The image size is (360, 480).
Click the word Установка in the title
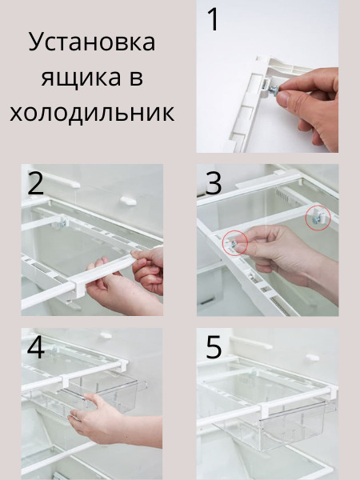[x=92, y=42]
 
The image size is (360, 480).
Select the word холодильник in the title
[x=92, y=113]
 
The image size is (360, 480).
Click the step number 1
[x=214, y=19]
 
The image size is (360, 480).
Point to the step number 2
[x=35, y=183]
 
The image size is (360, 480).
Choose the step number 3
[x=214, y=183]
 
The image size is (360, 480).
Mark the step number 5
[x=214, y=347]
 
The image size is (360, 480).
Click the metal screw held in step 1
[x=274, y=90]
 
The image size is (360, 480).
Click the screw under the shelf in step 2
[x=62, y=223]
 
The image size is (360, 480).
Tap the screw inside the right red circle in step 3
[x=316, y=220]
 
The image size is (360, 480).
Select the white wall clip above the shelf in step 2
[x=128, y=201]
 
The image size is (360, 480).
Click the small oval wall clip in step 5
[x=313, y=358]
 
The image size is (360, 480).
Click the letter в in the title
[x=136, y=78]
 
